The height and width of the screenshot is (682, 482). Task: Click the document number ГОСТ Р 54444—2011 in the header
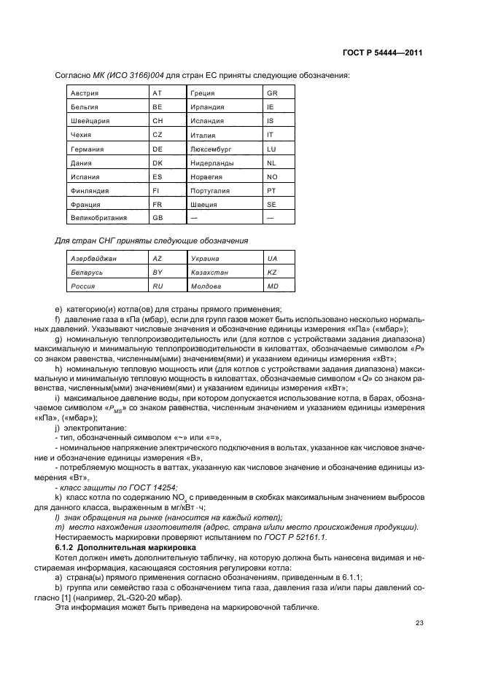point(382,52)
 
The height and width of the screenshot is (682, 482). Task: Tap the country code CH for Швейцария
point(157,121)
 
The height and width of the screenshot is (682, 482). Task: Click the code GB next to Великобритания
point(157,217)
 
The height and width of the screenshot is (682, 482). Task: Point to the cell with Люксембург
point(210,149)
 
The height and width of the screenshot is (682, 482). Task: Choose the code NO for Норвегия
point(272,176)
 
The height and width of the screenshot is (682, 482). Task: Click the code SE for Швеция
point(271,204)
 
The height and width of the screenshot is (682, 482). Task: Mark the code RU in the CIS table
point(157,286)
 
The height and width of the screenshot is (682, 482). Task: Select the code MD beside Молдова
point(272,286)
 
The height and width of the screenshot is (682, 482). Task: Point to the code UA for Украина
point(272,259)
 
